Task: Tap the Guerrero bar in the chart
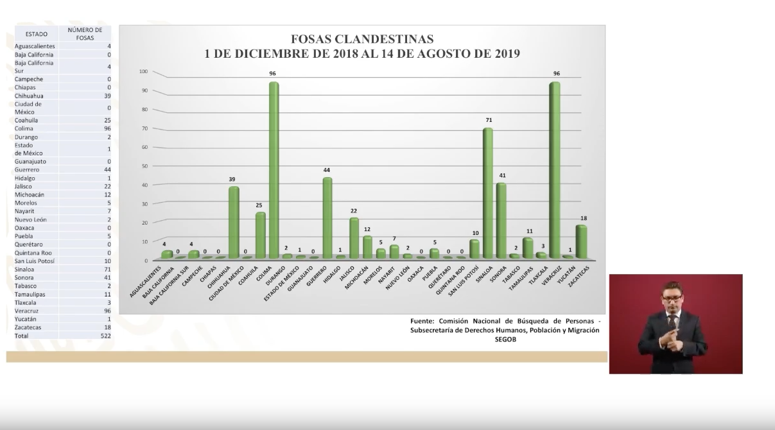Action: [x=327, y=218]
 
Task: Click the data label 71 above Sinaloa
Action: [x=488, y=120]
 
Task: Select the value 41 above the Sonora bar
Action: [x=501, y=176]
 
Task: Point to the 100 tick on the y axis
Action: [x=143, y=72]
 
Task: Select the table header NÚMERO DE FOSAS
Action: [x=85, y=34]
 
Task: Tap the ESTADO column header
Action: [x=36, y=34]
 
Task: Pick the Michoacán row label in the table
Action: [x=30, y=194]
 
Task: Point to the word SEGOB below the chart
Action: [x=505, y=340]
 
